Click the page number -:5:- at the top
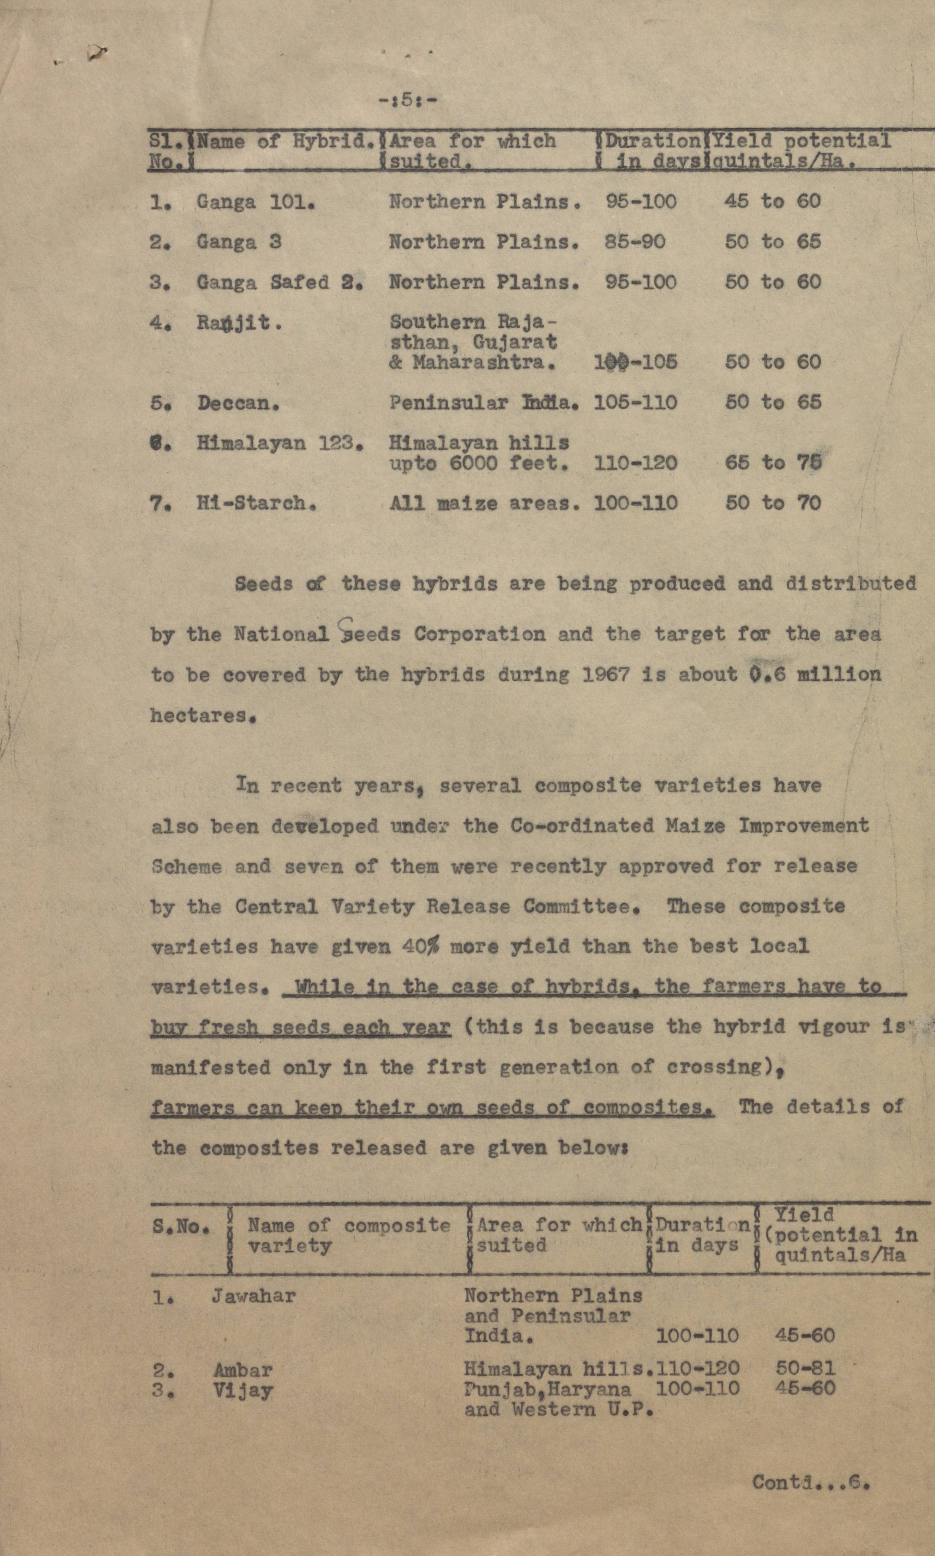tap(407, 100)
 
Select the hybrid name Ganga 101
tap(255, 202)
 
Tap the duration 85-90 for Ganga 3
tap(634, 242)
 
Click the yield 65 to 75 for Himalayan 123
tap(772, 463)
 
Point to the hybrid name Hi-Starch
tap(256, 504)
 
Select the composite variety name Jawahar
tap(253, 1297)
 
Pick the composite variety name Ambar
tap(243, 1369)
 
